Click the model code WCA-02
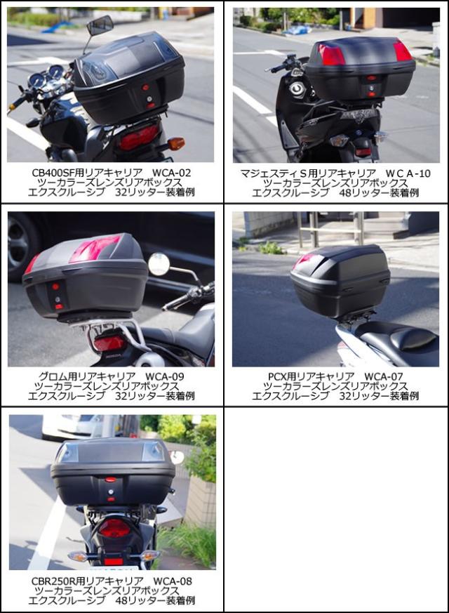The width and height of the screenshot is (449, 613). coord(171,172)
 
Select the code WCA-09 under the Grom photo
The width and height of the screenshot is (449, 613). coord(166,376)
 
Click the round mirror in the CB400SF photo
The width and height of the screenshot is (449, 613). coord(100,25)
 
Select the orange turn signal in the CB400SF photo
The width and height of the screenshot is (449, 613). coord(176,143)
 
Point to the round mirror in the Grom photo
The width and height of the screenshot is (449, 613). coord(159,264)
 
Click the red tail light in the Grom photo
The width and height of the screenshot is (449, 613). coord(109,343)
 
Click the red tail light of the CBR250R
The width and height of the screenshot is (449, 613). coord(114,528)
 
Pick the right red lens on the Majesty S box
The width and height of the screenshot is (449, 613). coord(402,51)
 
